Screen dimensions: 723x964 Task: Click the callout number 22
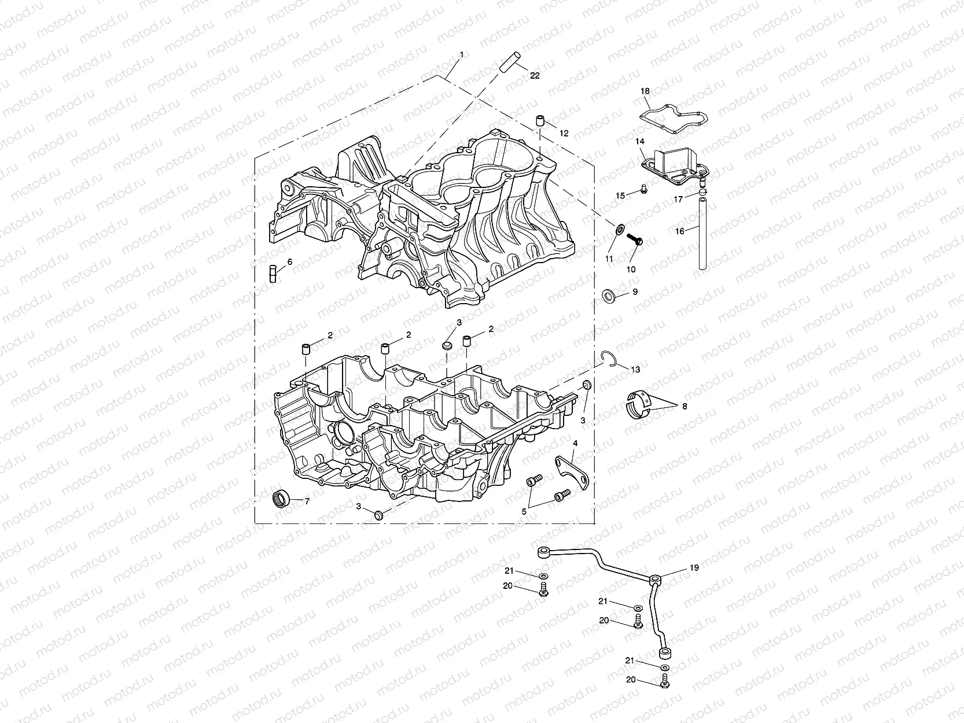[x=535, y=76]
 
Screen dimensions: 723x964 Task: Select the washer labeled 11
[x=619, y=229]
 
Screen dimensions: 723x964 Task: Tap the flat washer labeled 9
[x=609, y=296]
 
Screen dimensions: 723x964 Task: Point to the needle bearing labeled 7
[x=281, y=497]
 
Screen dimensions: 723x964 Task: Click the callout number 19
[x=694, y=568]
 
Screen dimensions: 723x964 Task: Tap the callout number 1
[x=461, y=54]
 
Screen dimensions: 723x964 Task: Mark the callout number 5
[x=524, y=511]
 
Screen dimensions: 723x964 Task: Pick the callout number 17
[x=678, y=198]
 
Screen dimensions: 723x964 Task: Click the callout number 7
[x=307, y=501]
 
